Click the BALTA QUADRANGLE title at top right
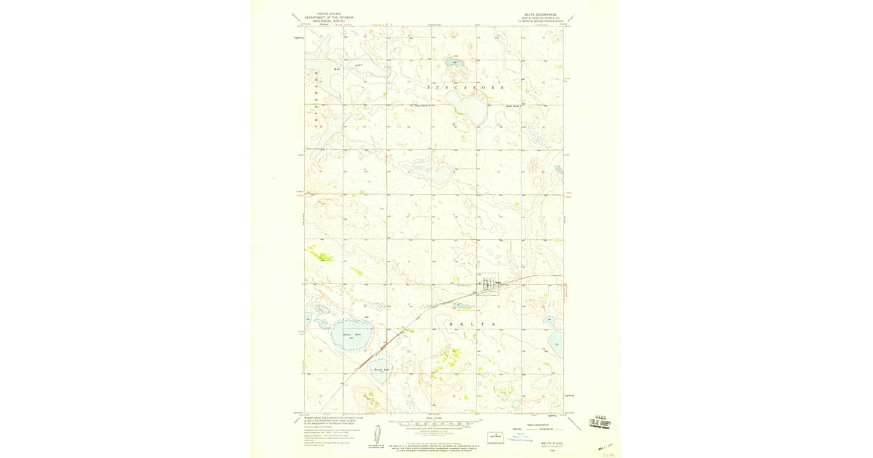pos(540,14)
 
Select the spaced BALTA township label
pos(472,324)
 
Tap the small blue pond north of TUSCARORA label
pos(458,64)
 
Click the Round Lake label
pos(382,369)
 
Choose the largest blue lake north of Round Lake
pos(352,334)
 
